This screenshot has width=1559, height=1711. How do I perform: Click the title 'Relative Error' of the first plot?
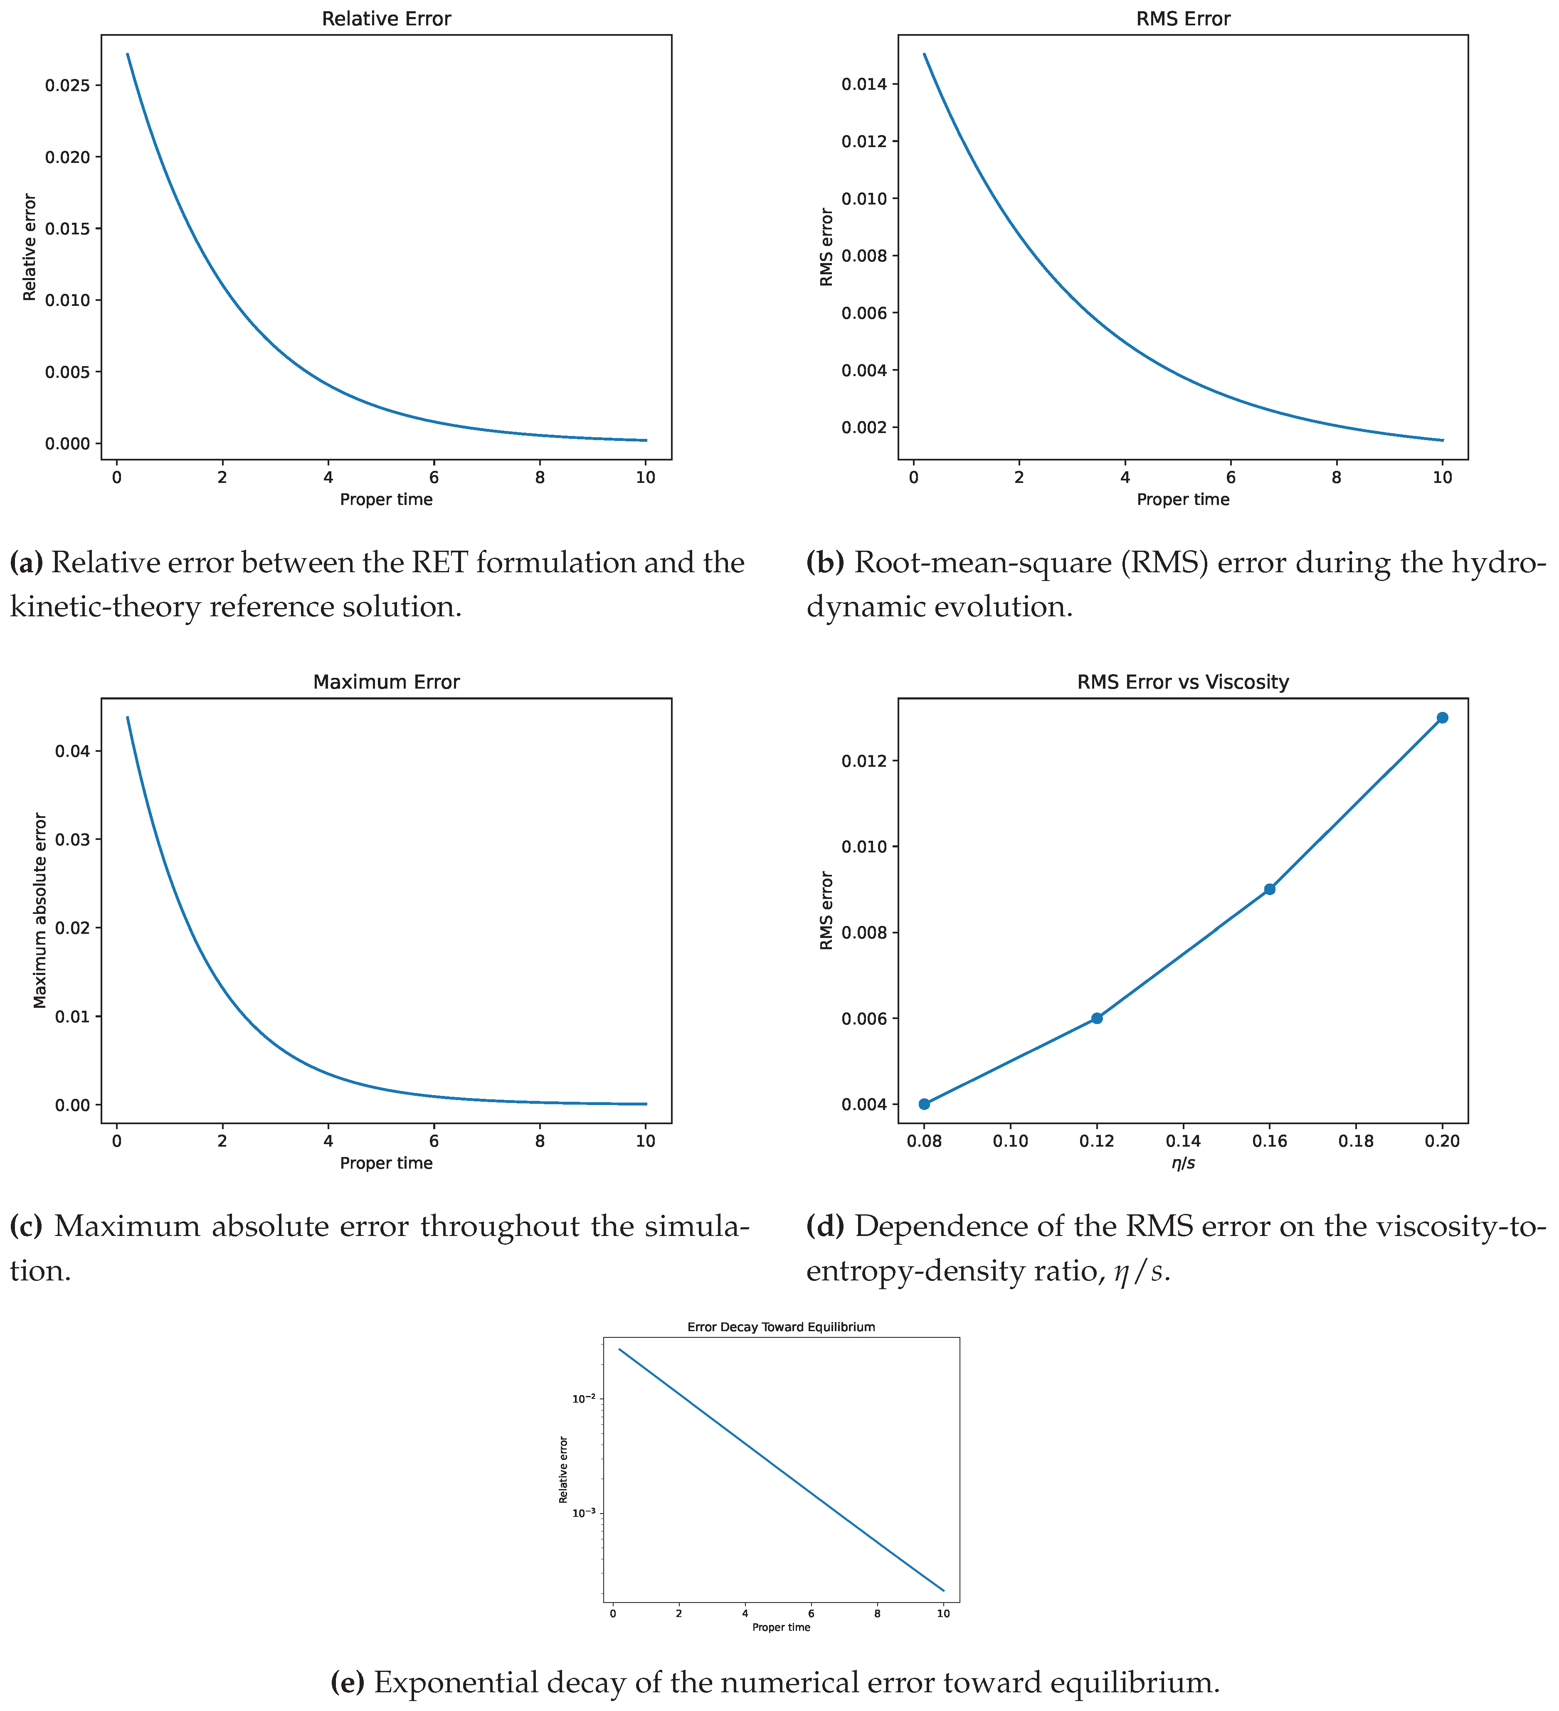(x=386, y=19)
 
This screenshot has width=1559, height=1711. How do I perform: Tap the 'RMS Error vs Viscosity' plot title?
(x=1183, y=682)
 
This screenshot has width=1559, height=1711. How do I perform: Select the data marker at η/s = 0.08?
(x=924, y=1104)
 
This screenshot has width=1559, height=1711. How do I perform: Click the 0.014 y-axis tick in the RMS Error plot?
(x=864, y=84)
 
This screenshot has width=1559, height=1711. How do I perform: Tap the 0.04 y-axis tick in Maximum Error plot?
(x=73, y=751)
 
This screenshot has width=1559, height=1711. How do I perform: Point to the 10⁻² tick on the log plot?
(x=584, y=1398)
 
